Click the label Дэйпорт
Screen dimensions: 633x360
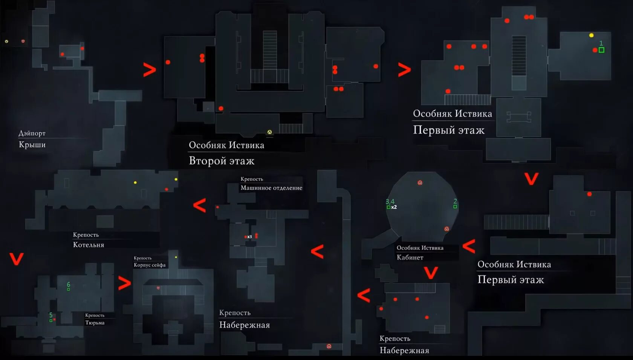[x=32, y=133]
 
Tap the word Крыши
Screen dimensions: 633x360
[x=32, y=145]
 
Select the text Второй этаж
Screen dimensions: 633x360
[x=222, y=161]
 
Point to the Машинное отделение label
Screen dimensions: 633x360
[x=271, y=188]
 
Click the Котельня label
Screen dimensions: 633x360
[x=89, y=245]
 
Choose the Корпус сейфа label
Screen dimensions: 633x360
[x=150, y=265]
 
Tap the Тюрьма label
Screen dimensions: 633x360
[x=95, y=323]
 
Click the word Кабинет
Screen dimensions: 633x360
[x=410, y=257]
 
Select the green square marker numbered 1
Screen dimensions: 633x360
[x=601, y=50]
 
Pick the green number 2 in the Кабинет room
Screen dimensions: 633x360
[x=455, y=201]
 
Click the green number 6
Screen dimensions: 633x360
[x=68, y=284]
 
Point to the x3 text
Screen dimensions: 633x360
[x=249, y=237]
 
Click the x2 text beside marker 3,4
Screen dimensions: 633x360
[x=394, y=207]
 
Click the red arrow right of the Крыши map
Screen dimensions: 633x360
[x=150, y=70]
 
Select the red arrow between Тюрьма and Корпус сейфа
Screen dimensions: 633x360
[x=124, y=283]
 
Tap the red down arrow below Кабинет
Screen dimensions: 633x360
[x=431, y=273]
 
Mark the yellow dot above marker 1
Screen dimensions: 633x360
[x=591, y=35]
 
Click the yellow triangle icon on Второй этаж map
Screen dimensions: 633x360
[x=269, y=132]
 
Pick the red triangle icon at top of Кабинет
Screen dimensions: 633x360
[x=420, y=183]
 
